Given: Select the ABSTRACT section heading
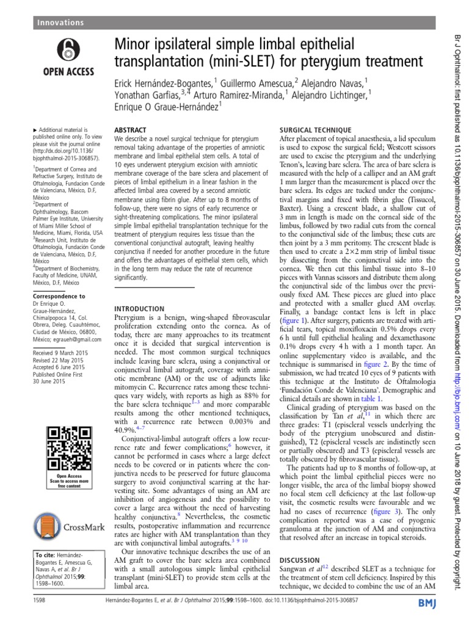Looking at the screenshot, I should click(131, 131).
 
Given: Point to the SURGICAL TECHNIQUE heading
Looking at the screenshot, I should click(314, 131).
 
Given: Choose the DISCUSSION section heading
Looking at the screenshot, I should click(299, 559).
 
